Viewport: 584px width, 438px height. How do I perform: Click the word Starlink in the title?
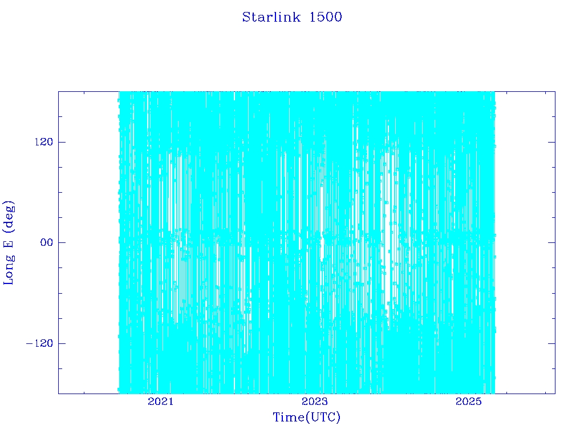(x=271, y=17)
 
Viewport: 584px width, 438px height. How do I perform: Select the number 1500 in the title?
(x=326, y=17)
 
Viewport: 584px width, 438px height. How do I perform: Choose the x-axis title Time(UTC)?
(x=306, y=417)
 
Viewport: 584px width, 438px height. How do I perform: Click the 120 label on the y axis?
(x=44, y=142)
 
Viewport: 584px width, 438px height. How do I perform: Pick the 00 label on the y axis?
(x=47, y=242)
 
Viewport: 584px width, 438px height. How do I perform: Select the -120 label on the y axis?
(x=39, y=343)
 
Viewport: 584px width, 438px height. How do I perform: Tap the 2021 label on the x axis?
(x=161, y=401)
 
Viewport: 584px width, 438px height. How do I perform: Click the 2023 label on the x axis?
(x=315, y=401)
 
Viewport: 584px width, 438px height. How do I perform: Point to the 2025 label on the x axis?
(x=469, y=401)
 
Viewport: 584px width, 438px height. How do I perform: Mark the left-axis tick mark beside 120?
(x=62, y=142)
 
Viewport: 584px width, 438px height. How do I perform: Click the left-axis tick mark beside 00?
(x=62, y=242)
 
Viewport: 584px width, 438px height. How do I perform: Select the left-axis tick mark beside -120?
(x=62, y=343)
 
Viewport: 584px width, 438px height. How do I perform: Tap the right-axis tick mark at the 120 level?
(x=551, y=142)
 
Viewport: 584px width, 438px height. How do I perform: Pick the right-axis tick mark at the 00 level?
(x=551, y=242)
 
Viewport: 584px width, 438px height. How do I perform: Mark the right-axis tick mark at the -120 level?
(x=551, y=343)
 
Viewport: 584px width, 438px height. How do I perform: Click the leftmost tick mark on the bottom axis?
(x=84, y=392)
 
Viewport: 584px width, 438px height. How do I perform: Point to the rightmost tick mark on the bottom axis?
(x=546, y=392)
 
